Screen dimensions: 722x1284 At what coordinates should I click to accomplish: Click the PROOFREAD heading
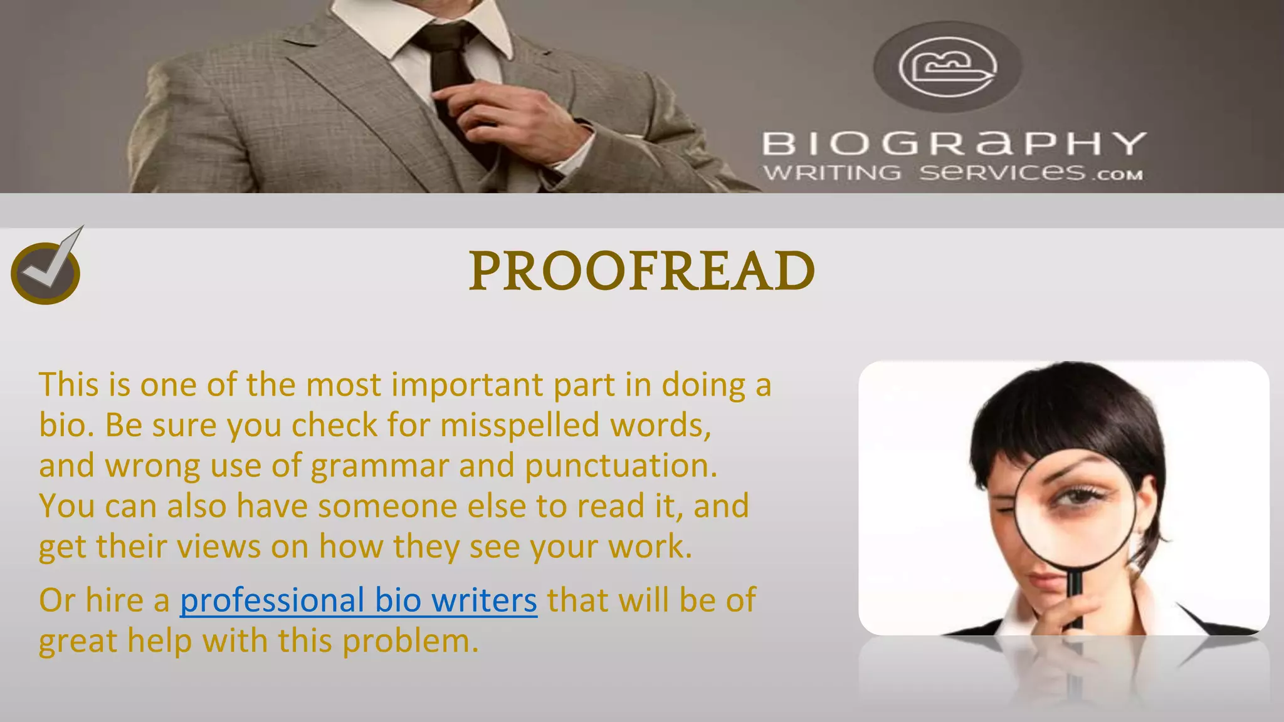(641, 271)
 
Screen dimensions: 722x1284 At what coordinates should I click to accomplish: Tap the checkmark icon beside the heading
(46, 271)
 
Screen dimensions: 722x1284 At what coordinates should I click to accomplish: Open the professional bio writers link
(358, 600)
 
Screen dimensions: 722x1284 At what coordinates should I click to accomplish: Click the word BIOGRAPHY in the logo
(954, 143)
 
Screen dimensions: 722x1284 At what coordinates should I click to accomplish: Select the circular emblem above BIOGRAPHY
(947, 66)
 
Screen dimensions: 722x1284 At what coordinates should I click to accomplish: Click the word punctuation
(621, 466)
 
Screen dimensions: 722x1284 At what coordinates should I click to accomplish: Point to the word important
(467, 385)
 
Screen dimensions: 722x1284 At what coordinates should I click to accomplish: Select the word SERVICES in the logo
(1002, 172)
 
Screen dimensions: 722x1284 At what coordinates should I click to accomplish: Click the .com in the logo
(1118, 175)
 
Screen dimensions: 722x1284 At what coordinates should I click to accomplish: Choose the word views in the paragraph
(218, 547)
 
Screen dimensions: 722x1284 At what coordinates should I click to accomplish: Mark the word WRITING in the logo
(831, 172)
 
